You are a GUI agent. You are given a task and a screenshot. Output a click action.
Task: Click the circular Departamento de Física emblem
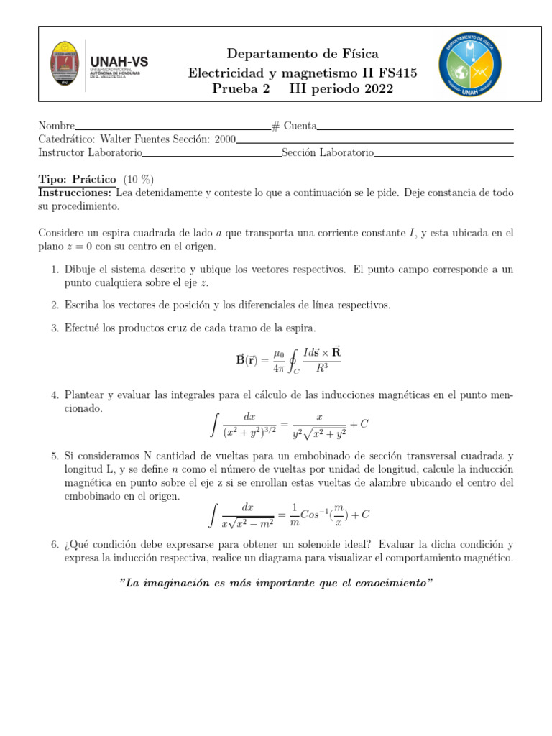point(470,65)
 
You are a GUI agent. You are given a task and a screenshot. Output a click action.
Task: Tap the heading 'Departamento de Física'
point(303,54)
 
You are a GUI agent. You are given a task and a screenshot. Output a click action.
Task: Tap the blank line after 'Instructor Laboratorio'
point(211,153)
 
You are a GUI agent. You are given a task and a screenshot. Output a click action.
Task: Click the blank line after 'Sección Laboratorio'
point(443,153)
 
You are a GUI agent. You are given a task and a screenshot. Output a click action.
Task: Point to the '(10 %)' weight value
point(138,179)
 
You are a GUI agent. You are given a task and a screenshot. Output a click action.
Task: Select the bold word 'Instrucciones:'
point(75,193)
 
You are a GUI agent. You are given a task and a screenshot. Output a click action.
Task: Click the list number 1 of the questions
point(55,270)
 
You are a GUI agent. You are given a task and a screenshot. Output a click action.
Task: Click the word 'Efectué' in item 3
point(82,328)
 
